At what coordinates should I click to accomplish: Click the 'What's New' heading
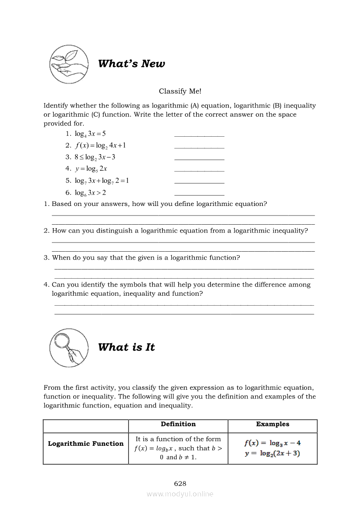[x=131, y=64]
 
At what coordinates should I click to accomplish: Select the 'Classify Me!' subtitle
[x=180, y=91]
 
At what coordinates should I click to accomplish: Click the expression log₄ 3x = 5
[x=90, y=134]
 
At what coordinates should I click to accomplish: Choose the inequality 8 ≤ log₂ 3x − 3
[x=95, y=157]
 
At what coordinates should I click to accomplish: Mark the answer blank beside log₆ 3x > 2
[x=199, y=195]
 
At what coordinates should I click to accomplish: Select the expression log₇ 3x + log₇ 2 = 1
[x=102, y=180]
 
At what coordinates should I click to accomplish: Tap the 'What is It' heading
[x=126, y=347]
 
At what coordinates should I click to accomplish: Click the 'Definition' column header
[x=178, y=424]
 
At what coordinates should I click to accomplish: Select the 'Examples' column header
[x=272, y=424]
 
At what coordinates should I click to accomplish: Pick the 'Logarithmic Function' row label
[x=86, y=444]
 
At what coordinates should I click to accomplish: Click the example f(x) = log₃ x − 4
[x=272, y=443]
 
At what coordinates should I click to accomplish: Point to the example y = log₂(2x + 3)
[x=272, y=453]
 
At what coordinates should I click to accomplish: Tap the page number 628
[x=180, y=483]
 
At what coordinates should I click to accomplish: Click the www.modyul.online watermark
[x=180, y=494]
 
